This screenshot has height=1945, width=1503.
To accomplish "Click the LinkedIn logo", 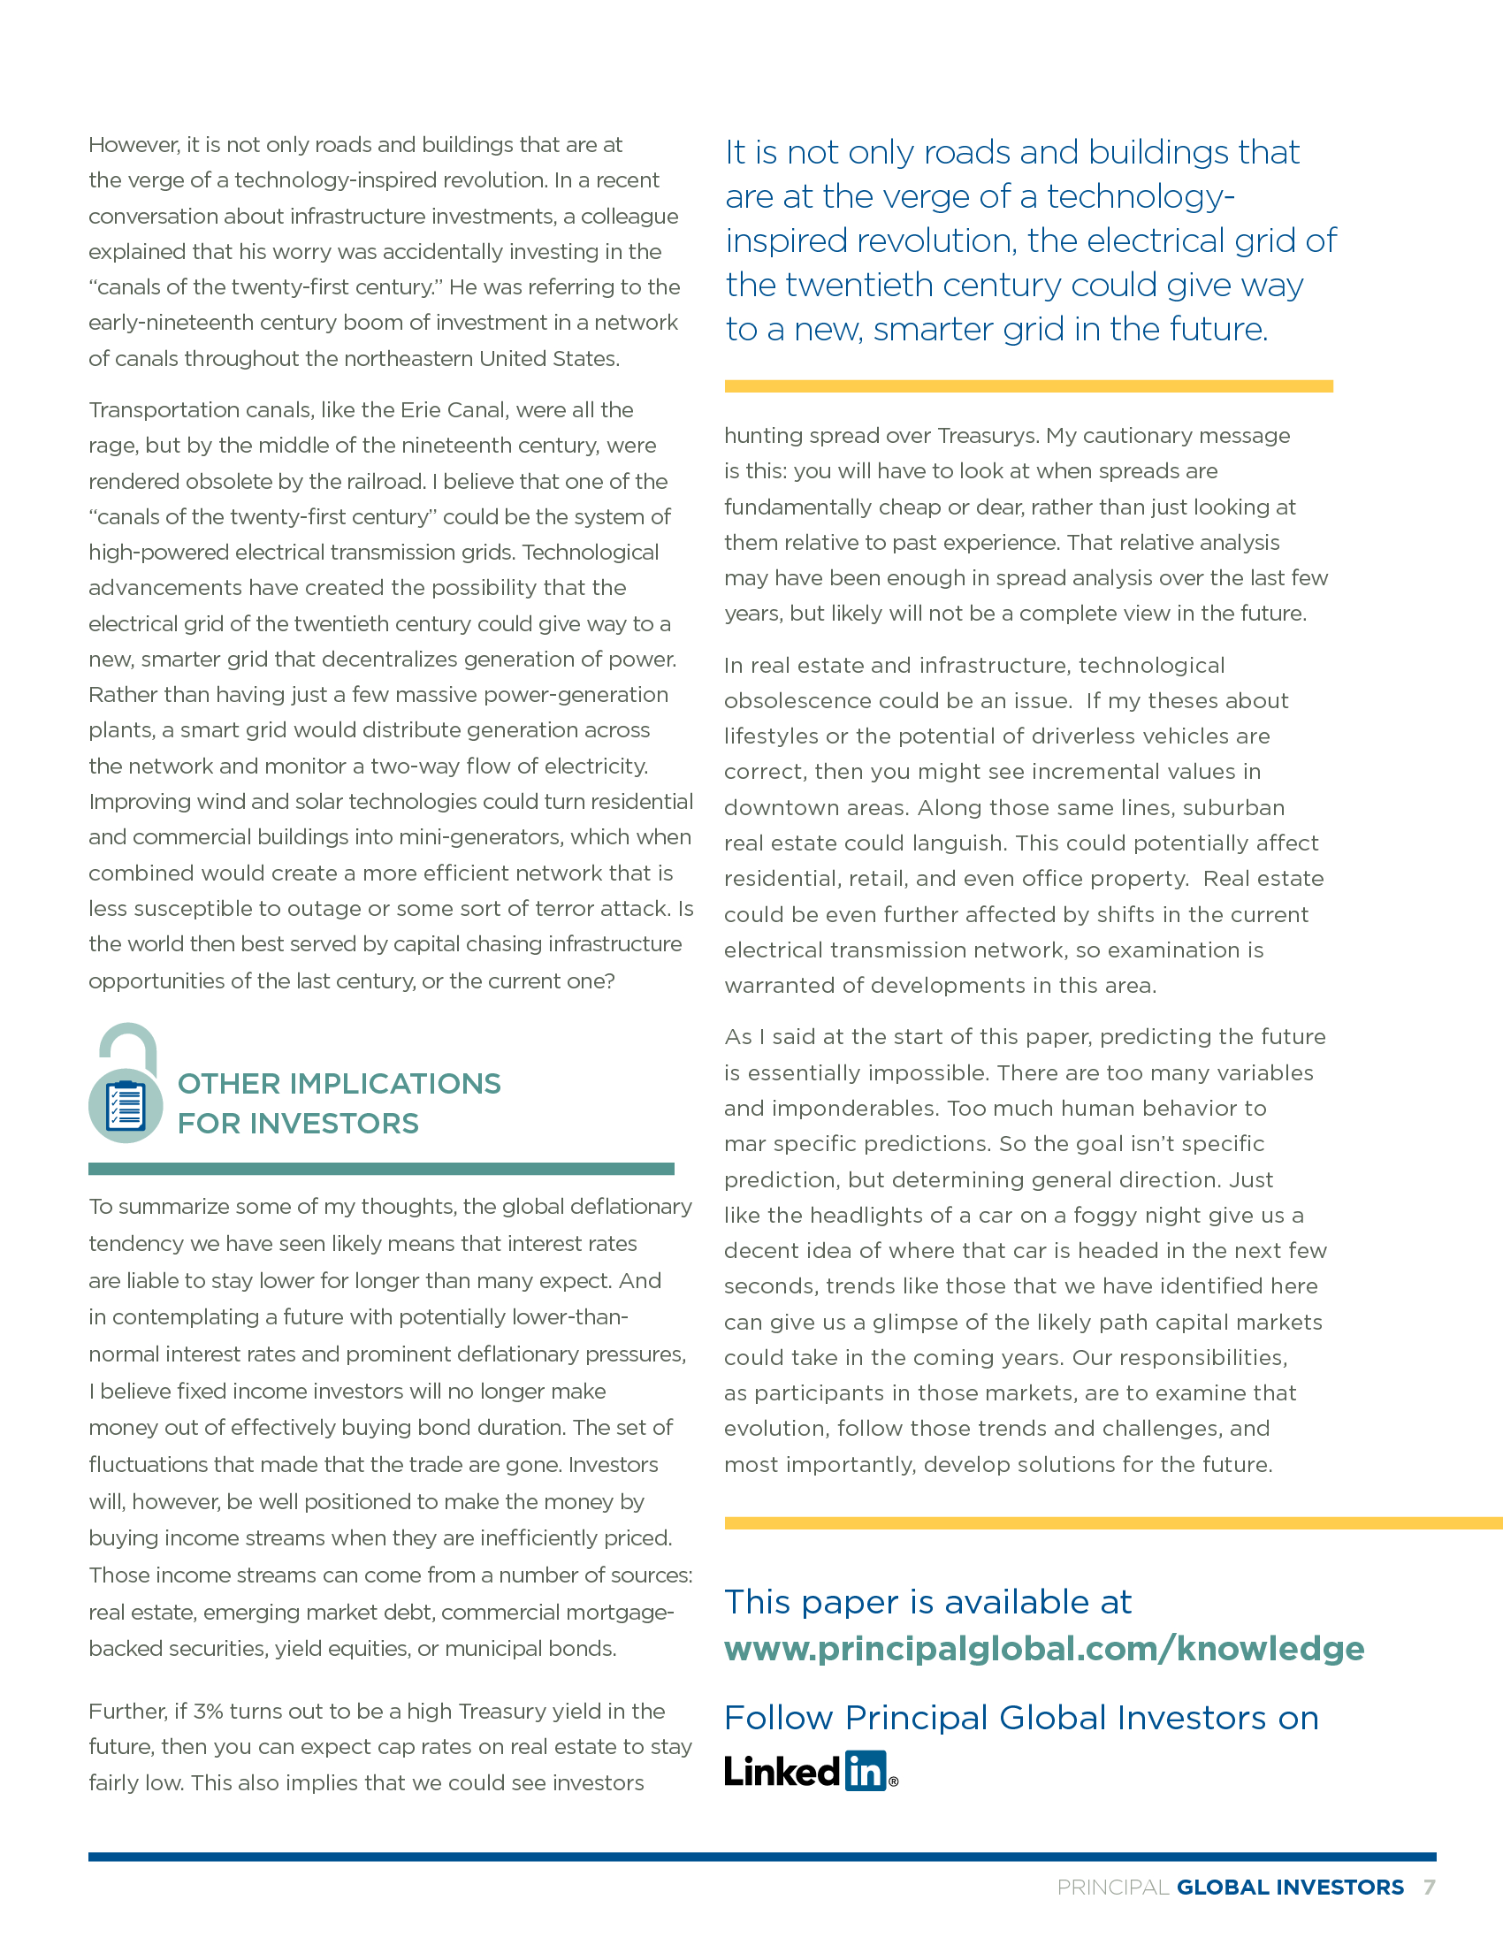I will click(x=810, y=1771).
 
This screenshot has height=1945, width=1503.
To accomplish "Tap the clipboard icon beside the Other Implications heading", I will click(x=126, y=1105).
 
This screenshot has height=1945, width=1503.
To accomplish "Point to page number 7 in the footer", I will click(x=1429, y=1887).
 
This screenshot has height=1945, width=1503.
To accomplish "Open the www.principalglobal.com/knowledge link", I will click(x=1043, y=1649).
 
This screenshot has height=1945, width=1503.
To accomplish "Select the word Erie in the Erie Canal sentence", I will click(x=418, y=409).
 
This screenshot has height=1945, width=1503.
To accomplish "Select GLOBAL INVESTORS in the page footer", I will click(x=1290, y=1888).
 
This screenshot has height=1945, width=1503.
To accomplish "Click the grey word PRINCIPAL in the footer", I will click(x=1113, y=1888).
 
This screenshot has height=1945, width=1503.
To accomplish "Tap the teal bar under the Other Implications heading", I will click(x=381, y=1169).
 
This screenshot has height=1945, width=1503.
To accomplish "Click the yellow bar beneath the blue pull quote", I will click(x=1028, y=385).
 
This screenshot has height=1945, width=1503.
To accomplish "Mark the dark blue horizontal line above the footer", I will click(x=761, y=1857).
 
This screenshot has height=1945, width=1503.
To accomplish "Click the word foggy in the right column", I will click(x=1106, y=1215).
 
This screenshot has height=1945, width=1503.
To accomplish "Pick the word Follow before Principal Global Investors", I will click(x=779, y=1717).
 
